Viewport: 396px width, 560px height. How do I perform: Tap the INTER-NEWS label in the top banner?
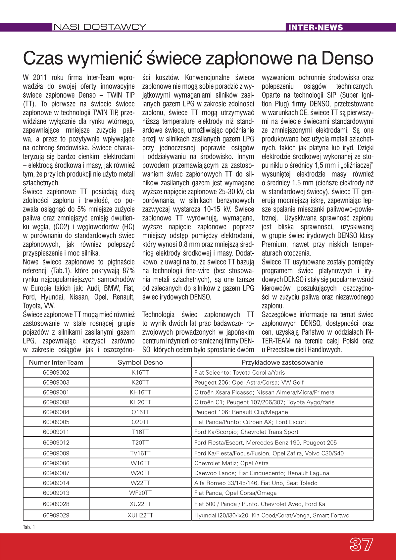pyautogui.click(x=316, y=27)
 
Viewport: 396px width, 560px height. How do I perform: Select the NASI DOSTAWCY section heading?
pyautogui.click(x=100, y=27)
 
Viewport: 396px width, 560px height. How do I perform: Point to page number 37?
pyautogui.click(x=361, y=544)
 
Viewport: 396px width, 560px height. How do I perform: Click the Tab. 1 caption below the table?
pyautogui.click(x=29, y=527)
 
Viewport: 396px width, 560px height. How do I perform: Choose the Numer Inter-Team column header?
pyautogui.click(x=56, y=362)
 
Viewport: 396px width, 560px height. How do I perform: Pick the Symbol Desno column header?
pyautogui.click(x=140, y=362)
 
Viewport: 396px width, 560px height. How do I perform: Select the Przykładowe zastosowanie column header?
pyautogui.click(x=282, y=362)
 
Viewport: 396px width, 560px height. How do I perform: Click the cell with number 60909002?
pyautogui.click(x=56, y=373)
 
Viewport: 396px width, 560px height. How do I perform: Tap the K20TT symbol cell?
pyautogui.click(x=140, y=383)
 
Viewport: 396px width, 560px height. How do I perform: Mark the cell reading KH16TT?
pyautogui.click(x=140, y=393)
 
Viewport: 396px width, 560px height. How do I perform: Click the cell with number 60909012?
pyautogui.click(x=56, y=443)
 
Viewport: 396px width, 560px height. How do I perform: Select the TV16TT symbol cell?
pyautogui.click(x=140, y=453)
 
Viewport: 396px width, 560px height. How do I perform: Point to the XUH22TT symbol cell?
pyautogui.click(x=140, y=515)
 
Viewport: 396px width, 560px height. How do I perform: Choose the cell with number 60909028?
pyautogui.click(x=56, y=504)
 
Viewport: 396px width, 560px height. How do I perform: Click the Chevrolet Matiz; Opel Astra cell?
pyautogui.click(x=231, y=463)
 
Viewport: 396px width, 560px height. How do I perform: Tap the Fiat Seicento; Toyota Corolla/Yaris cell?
pyautogui.click(x=239, y=373)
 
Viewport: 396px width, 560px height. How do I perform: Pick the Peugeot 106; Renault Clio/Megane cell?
pyautogui.click(x=241, y=412)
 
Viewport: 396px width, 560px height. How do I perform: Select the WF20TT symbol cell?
pyautogui.click(x=140, y=493)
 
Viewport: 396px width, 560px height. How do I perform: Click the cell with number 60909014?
pyautogui.click(x=56, y=483)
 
